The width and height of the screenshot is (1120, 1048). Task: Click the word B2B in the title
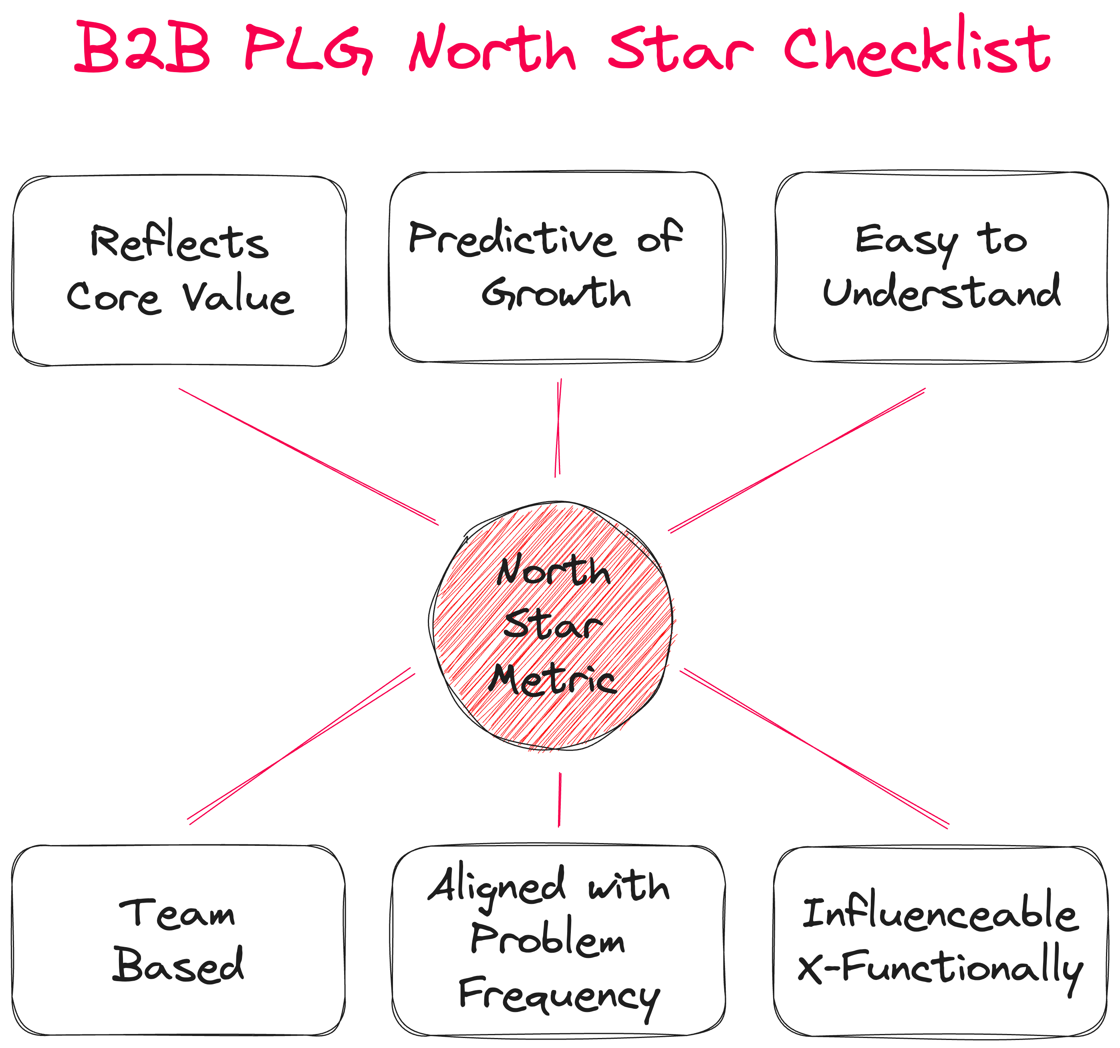coord(143,48)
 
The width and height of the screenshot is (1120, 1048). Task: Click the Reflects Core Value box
coord(179,270)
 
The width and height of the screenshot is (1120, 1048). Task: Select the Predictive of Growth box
coord(556,266)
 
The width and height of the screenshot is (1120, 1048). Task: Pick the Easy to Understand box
coord(941,266)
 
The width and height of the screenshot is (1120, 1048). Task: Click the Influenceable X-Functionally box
coord(940,940)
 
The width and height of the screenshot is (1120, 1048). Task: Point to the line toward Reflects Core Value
coord(309,456)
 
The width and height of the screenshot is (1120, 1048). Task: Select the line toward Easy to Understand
coord(797,460)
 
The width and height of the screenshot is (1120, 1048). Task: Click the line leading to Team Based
coord(301,746)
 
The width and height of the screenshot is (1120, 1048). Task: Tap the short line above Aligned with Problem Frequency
coord(560,800)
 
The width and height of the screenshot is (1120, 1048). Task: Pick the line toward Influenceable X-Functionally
coord(815,749)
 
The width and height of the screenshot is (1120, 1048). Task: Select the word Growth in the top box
coord(556,293)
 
